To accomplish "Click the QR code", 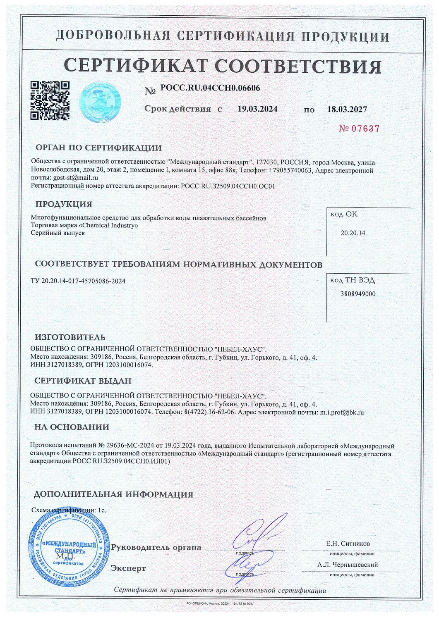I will pos(50,100).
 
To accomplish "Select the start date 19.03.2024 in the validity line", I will pos(257,109).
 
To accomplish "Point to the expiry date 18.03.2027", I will pos(347,110).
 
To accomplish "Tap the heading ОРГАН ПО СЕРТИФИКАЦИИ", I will pos(98,148).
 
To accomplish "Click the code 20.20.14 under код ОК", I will pos(353,233).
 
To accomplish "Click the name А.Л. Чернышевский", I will pos(348,565).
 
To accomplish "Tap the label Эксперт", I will pos(128,568).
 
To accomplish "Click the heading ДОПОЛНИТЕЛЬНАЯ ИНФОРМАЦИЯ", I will pos(113,494).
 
